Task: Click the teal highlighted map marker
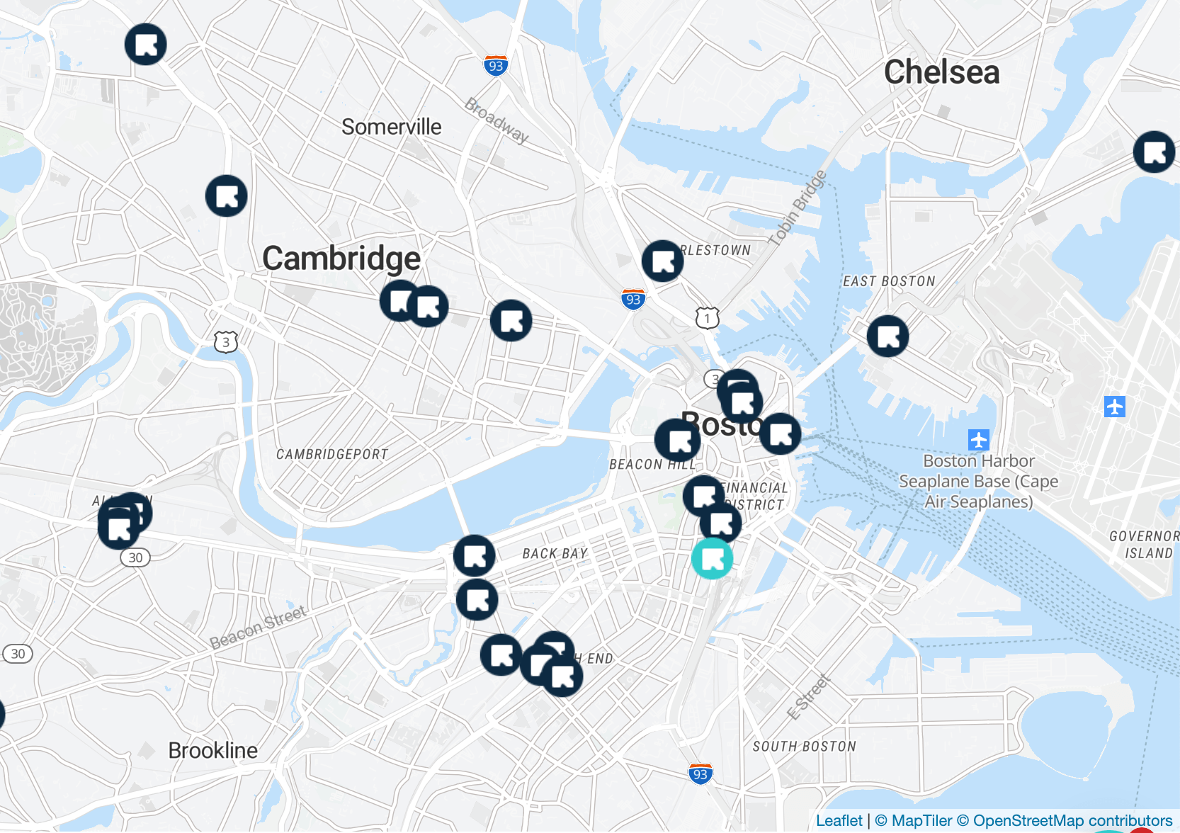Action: pyautogui.click(x=712, y=558)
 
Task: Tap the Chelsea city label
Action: pyautogui.click(x=941, y=72)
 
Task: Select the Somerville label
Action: pyautogui.click(x=391, y=127)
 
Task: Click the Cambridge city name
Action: pyautogui.click(x=341, y=259)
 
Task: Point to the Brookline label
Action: pyautogui.click(x=212, y=750)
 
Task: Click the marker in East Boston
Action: pyautogui.click(x=887, y=336)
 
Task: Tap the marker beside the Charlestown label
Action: pyautogui.click(x=662, y=261)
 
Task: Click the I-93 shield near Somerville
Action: pyautogui.click(x=496, y=66)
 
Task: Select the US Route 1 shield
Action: pyautogui.click(x=707, y=318)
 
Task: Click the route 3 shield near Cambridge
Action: pyautogui.click(x=225, y=342)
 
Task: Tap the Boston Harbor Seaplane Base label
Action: pyautogui.click(x=978, y=481)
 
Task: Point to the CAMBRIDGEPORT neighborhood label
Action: pyautogui.click(x=331, y=454)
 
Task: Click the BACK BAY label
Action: pyautogui.click(x=555, y=553)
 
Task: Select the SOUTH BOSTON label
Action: pyautogui.click(x=804, y=747)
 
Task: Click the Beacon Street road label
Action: pyautogui.click(x=258, y=627)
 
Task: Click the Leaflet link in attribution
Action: pyautogui.click(x=839, y=820)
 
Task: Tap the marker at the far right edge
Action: pyautogui.click(x=1154, y=152)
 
